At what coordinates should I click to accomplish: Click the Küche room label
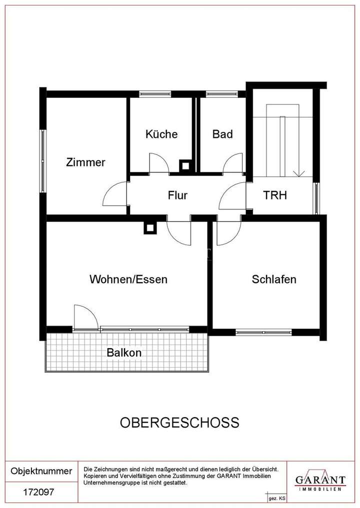pyautogui.click(x=161, y=134)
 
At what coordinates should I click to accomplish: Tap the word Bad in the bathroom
pyautogui.click(x=222, y=134)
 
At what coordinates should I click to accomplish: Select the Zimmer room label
pyautogui.click(x=86, y=162)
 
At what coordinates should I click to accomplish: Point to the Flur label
pyautogui.click(x=177, y=195)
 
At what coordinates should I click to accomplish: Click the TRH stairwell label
pyautogui.click(x=275, y=195)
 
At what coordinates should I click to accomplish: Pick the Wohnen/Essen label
pyautogui.click(x=128, y=279)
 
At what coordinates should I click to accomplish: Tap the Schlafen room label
pyautogui.click(x=274, y=279)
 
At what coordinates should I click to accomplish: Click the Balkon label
pyautogui.click(x=124, y=353)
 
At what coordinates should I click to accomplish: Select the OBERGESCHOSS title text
pyautogui.click(x=179, y=423)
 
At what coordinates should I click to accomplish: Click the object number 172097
pyautogui.click(x=38, y=492)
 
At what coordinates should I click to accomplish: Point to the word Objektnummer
pyautogui.click(x=41, y=471)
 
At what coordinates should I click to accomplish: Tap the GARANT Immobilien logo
pyautogui.click(x=320, y=481)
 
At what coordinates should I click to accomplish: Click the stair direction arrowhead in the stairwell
pyautogui.click(x=299, y=174)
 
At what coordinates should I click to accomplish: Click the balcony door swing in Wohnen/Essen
pyautogui.click(x=85, y=317)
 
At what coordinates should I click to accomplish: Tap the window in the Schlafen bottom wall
pyautogui.click(x=263, y=332)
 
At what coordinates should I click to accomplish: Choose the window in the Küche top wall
pyautogui.click(x=155, y=93)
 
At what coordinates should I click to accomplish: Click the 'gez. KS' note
pyautogui.click(x=276, y=499)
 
